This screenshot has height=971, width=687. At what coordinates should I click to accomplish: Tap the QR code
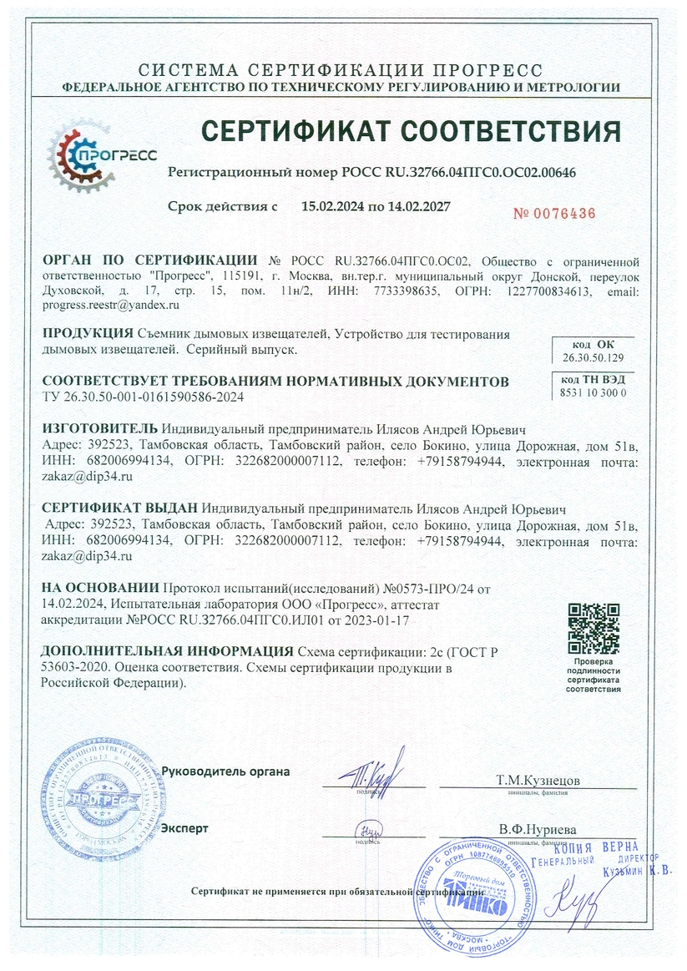tap(594, 627)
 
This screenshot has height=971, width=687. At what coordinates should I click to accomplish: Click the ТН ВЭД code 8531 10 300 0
tap(593, 392)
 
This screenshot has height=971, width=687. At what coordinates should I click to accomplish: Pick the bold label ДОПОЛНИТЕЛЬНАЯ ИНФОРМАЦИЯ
tap(167, 651)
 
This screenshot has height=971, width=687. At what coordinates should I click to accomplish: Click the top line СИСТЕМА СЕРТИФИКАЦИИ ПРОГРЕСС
tap(341, 69)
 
